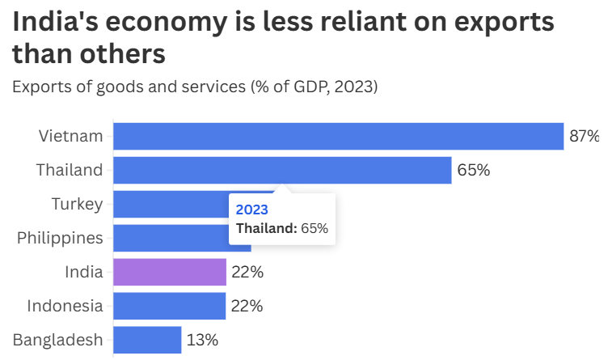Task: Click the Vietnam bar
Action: (338, 136)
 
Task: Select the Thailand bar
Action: (282, 170)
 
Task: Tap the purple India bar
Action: (170, 272)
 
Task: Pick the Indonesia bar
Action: (170, 306)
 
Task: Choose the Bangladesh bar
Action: (147, 340)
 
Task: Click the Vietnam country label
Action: (71, 136)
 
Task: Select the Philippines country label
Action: (61, 238)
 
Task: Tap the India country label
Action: (84, 272)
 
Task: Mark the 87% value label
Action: (585, 136)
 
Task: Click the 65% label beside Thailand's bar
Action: (473, 170)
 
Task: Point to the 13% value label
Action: (202, 340)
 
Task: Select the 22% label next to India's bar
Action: (247, 272)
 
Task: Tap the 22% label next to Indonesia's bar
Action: (247, 306)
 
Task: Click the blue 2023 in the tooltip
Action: (251, 210)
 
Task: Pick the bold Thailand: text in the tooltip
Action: (266, 228)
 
